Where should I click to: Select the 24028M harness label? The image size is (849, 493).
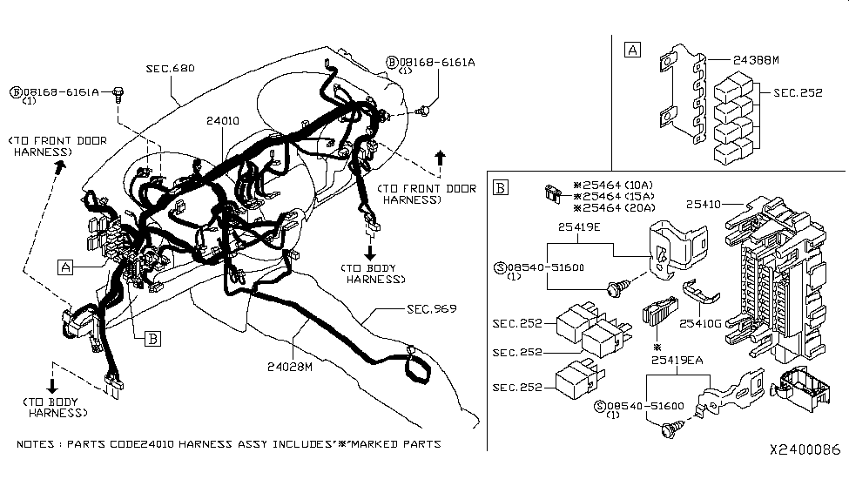tap(290, 367)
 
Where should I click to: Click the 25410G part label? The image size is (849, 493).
tap(703, 324)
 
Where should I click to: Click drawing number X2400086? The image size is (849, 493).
tap(805, 450)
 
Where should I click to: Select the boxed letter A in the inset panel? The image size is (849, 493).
tap(632, 50)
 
